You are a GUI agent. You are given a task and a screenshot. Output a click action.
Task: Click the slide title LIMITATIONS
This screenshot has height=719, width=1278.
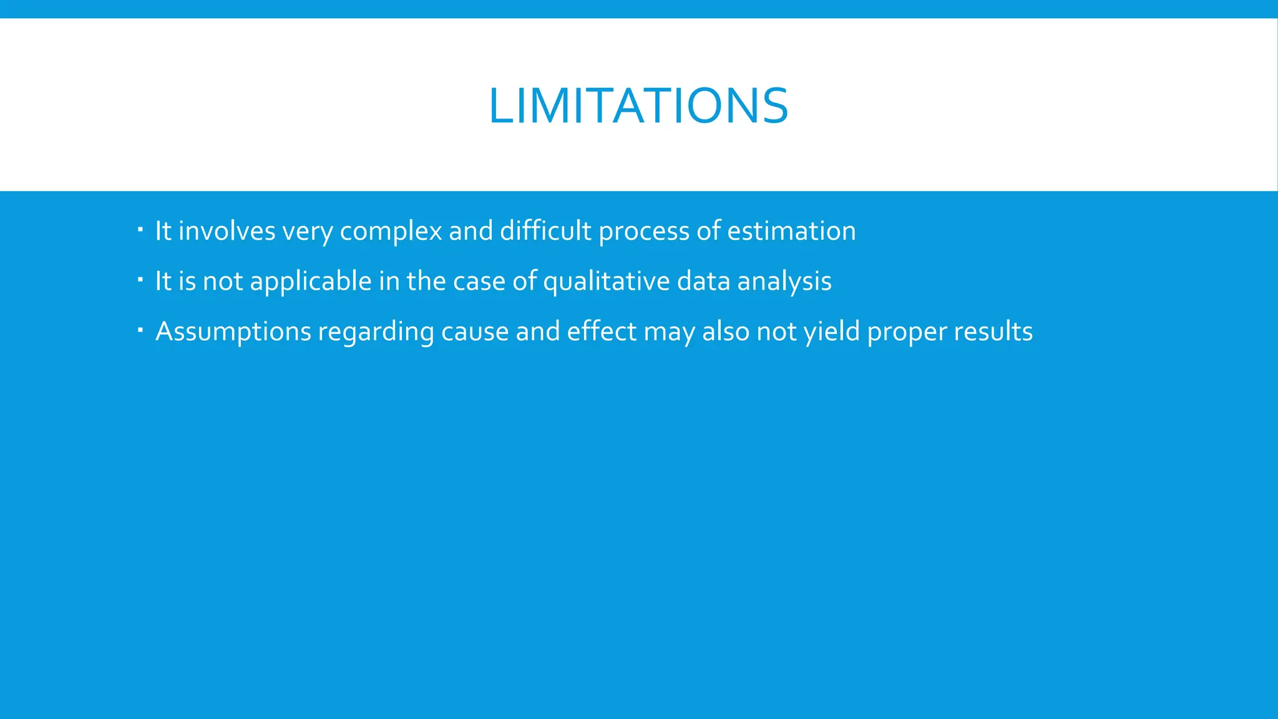(638, 105)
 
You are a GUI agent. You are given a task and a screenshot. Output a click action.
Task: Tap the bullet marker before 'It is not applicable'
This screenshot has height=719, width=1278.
(140, 279)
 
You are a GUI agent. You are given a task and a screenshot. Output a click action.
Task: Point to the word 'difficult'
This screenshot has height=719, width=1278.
(545, 231)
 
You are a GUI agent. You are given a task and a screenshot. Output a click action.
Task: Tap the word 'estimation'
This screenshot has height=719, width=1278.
(791, 231)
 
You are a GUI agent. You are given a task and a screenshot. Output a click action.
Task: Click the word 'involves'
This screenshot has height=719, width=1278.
(227, 231)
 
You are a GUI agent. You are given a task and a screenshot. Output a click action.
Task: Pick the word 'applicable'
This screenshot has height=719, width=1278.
(311, 282)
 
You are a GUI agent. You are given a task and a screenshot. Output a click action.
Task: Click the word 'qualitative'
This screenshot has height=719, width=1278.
(606, 282)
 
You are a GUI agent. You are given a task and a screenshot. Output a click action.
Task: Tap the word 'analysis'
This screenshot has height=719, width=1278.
(784, 282)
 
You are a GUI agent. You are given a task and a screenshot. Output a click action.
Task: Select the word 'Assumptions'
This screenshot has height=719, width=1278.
(233, 332)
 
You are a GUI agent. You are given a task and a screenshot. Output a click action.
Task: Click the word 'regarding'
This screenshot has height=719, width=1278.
(376, 332)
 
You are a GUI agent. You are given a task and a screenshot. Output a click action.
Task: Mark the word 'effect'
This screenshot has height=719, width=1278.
(602, 331)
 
